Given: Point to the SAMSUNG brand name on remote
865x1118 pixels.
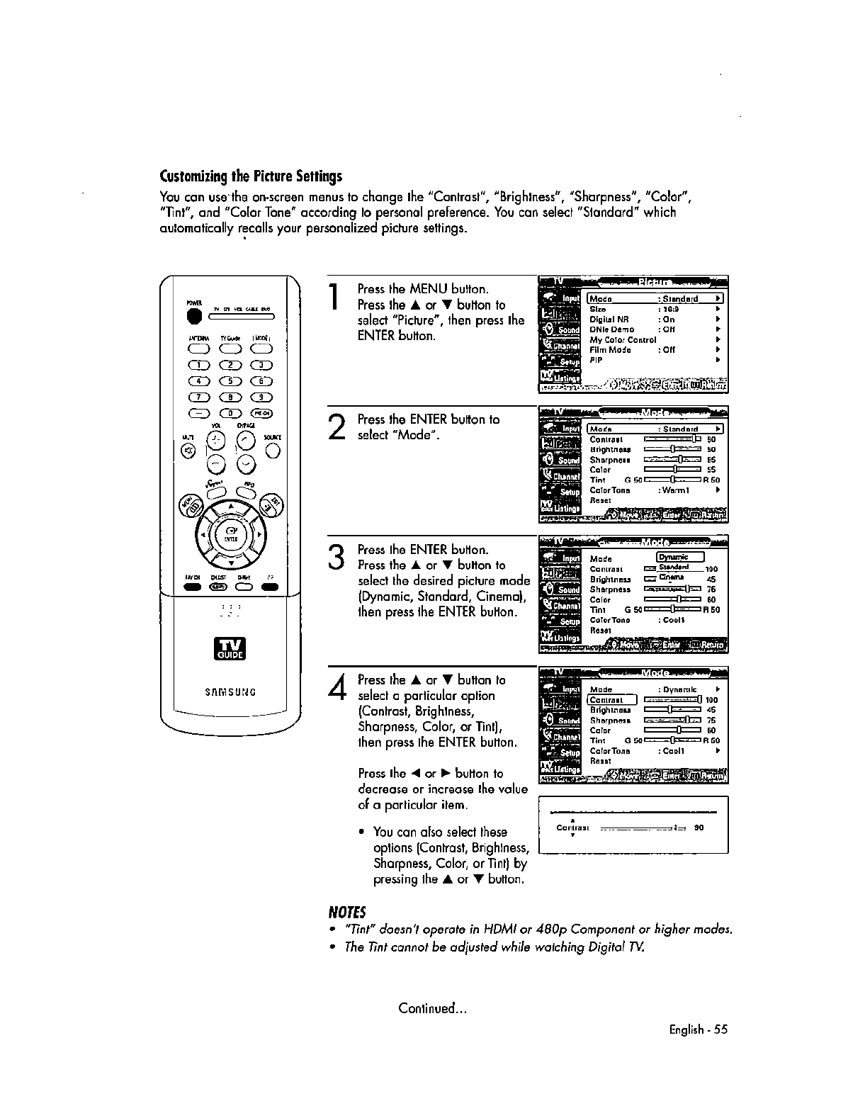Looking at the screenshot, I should coord(231,692).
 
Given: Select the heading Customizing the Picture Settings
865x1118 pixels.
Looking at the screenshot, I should coord(251,176).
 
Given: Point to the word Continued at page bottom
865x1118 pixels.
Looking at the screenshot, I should coord(432,1008).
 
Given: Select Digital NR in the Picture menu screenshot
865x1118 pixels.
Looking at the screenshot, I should coord(609,320).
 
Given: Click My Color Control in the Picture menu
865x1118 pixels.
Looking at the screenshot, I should coord(623,339).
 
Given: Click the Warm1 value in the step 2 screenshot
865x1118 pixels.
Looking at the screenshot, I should coord(677,490).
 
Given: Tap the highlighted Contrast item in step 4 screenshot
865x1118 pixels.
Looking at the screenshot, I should coord(607,700).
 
